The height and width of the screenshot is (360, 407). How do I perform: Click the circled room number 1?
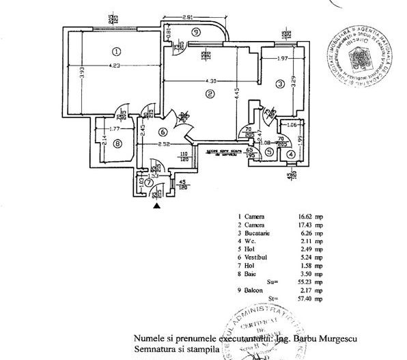(117, 51)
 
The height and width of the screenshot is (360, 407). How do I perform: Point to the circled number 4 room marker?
(292, 154)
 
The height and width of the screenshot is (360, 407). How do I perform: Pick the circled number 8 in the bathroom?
(117, 143)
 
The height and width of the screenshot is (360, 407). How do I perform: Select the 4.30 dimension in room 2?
(204, 82)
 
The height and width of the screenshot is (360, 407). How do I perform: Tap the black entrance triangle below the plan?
(158, 204)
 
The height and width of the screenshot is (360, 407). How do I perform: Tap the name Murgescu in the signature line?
(337, 339)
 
